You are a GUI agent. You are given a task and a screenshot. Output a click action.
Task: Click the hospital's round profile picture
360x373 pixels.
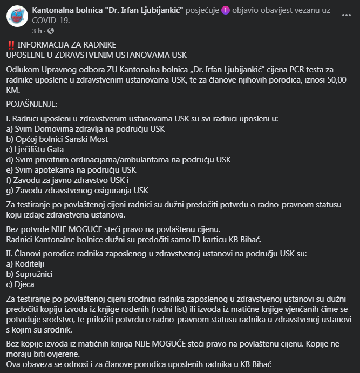click(x=17, y=17)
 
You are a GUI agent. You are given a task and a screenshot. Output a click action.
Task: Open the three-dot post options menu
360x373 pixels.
click(x=346, y=15)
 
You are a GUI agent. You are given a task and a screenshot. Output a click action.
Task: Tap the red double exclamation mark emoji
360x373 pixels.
click(x=11, y=44)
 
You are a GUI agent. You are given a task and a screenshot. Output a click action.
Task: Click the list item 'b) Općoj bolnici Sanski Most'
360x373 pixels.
click(x=57, y=139)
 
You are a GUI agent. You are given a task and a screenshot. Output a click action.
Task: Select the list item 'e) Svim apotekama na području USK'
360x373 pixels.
click(x=63, y=170)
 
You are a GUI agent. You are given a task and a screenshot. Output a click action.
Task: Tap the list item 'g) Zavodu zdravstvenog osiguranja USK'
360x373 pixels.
click(x=77, y=190)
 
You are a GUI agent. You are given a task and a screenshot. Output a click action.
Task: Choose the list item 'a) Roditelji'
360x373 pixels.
click(x=25, y=264)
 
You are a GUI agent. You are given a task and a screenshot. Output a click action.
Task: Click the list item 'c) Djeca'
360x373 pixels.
click(x=21, y=284)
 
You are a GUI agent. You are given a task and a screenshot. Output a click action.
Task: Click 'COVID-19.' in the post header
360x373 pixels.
click(x=51, y=21)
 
